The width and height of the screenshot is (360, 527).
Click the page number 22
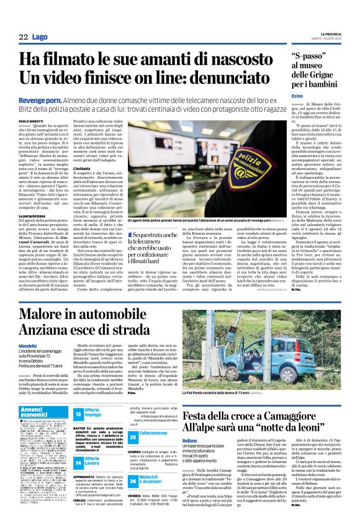pyautogui.click(x=23, y=38)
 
